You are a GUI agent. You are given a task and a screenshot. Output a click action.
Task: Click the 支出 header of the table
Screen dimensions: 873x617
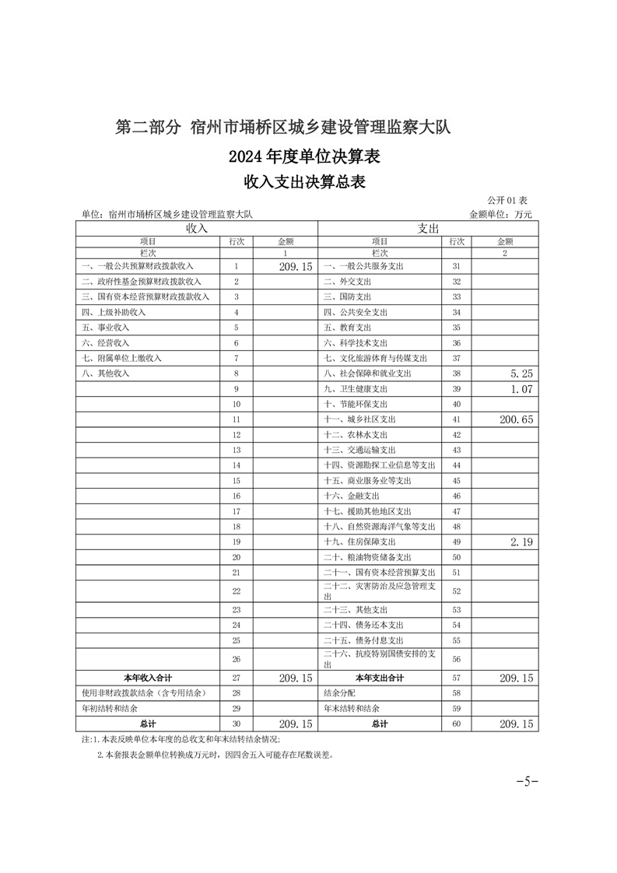tap(427, 229)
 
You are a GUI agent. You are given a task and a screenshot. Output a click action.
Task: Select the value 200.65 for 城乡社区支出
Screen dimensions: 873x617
tap(511, 419)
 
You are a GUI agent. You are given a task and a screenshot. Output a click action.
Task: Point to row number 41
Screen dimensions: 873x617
tap(457, 419)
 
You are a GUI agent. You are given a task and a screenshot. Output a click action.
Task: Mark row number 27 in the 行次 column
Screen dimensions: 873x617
tap(236, 678)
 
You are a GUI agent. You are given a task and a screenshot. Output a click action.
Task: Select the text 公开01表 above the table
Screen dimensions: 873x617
tap(507, 200)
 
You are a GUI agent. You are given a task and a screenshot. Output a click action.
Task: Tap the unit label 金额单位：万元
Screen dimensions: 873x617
tap(500, 214)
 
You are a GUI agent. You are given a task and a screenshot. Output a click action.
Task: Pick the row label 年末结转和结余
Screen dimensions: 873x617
tap(351, 709)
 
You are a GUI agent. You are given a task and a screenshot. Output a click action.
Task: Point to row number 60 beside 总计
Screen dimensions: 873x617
tap(457, 724)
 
